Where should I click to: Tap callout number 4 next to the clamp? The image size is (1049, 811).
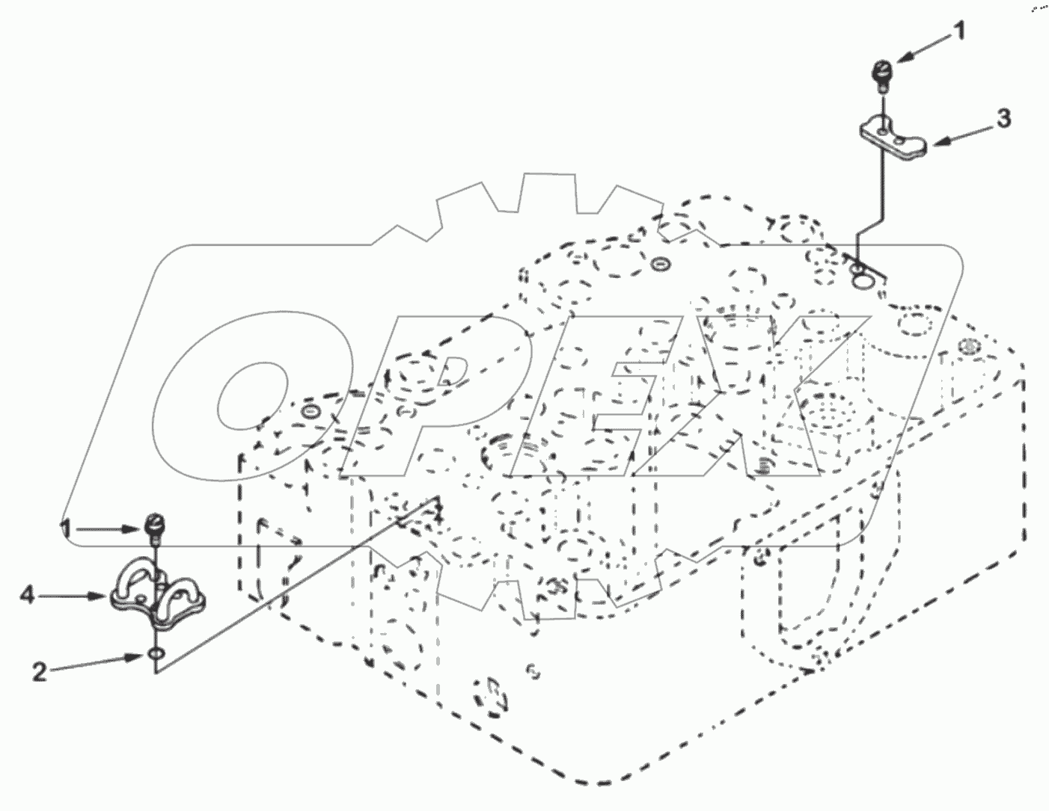click(x=28, y=595)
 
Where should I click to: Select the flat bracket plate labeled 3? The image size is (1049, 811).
click(x=893, y=139)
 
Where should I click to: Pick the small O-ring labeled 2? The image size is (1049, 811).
click(x=154, y=656)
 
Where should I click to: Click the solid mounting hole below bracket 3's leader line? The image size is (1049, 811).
click(x=861, y=280)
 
